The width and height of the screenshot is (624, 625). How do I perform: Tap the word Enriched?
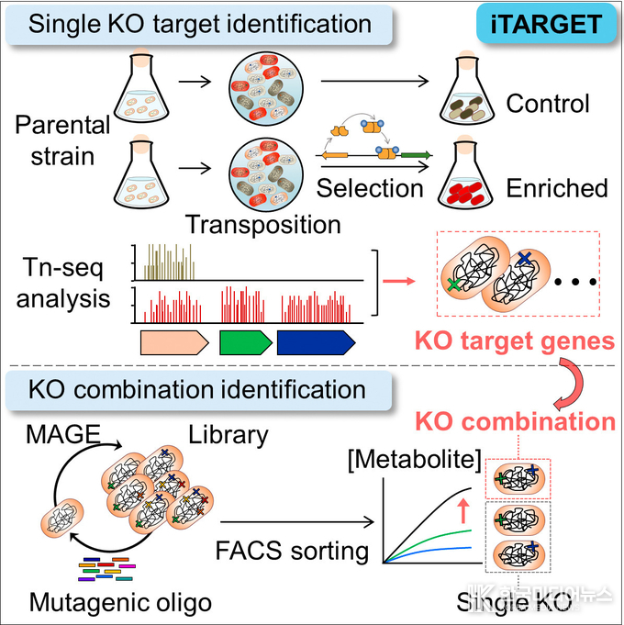(x=557, y=188)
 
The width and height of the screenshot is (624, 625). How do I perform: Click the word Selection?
(x=370, y=189)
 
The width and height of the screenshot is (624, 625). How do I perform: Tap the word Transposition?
(x=262, y=223)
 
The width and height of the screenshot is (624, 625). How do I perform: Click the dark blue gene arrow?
(x=316, y=342)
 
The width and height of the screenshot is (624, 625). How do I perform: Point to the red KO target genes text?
(x=515, y=341)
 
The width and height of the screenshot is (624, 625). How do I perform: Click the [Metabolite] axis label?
(x=408, y=456)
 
